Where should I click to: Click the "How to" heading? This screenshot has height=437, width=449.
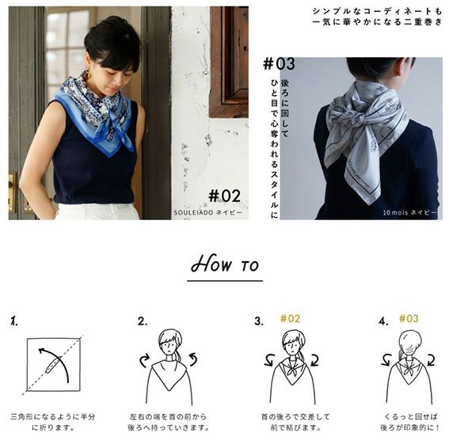click(225, 264)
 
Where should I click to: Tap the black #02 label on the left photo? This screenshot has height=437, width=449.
click(225, 196)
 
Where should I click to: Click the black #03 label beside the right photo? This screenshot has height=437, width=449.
click(279, 64)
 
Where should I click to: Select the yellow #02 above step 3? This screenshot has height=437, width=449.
click(290, 318)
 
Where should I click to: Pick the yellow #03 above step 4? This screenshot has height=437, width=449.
click(409, 318)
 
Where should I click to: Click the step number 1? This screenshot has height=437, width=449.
click(14, 321)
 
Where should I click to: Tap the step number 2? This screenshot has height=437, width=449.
click(143, 321)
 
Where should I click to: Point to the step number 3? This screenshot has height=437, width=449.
click(259, 321)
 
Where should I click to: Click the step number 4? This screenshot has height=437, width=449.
click(383, 321)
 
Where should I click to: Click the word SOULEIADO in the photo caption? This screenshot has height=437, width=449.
click(193, 213)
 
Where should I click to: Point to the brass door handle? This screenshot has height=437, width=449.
click(12, 192)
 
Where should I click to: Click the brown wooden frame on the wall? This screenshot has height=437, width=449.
click(229, 62)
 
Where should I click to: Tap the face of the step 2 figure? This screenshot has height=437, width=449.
click(169, 347)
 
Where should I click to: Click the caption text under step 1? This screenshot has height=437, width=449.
click(53, 422)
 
